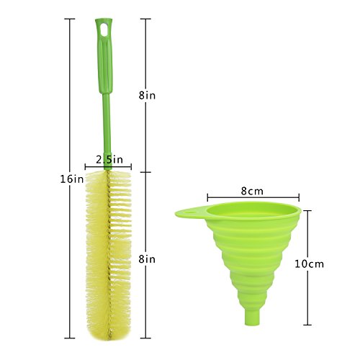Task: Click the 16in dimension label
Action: click(72, 179)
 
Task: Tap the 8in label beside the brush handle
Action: click(147, 96)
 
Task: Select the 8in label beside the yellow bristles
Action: click(147, 259)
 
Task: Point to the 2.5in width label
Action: click(109, 160)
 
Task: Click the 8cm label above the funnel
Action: click(252, 192)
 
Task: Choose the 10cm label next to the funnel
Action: click(310, 264)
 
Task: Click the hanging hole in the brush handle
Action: click(104, 30)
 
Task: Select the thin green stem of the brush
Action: click(107, 132)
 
